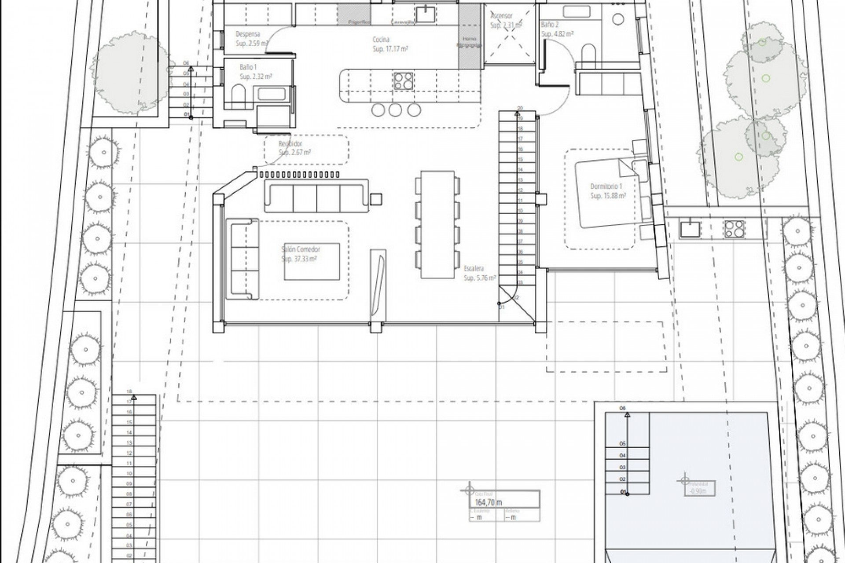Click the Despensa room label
pyautogui.click(x=248, y=34)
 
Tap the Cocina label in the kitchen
pyautogui.click(x=381, y=40)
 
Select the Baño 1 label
pyautogui.click(x=248, y=67)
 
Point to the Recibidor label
pyautogui.click(x=290, y=144)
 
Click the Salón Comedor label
pyautogui.click(x=301, y=249)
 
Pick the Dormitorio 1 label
pyautogui.click(x=606, y=186)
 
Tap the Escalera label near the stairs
pyautogui.click(x=474, y=268)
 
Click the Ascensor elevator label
pyautogui.click(x=501, y=16)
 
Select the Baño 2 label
pyautogui.click(x=550, y=25)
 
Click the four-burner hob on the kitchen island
pyautogui.click(x=404, y=81)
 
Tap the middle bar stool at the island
pyautogui.click(x=395, y=110)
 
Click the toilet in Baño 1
pyautogui.click(x=238, y=94)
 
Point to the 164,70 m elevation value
pyautogui.click(x=489, y=502)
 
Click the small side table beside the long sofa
pyautogui.click(x=376, y=199)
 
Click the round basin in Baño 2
pyautogui.click(x=618, y=19)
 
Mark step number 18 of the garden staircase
pyautogui.click(x=129, y=391)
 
